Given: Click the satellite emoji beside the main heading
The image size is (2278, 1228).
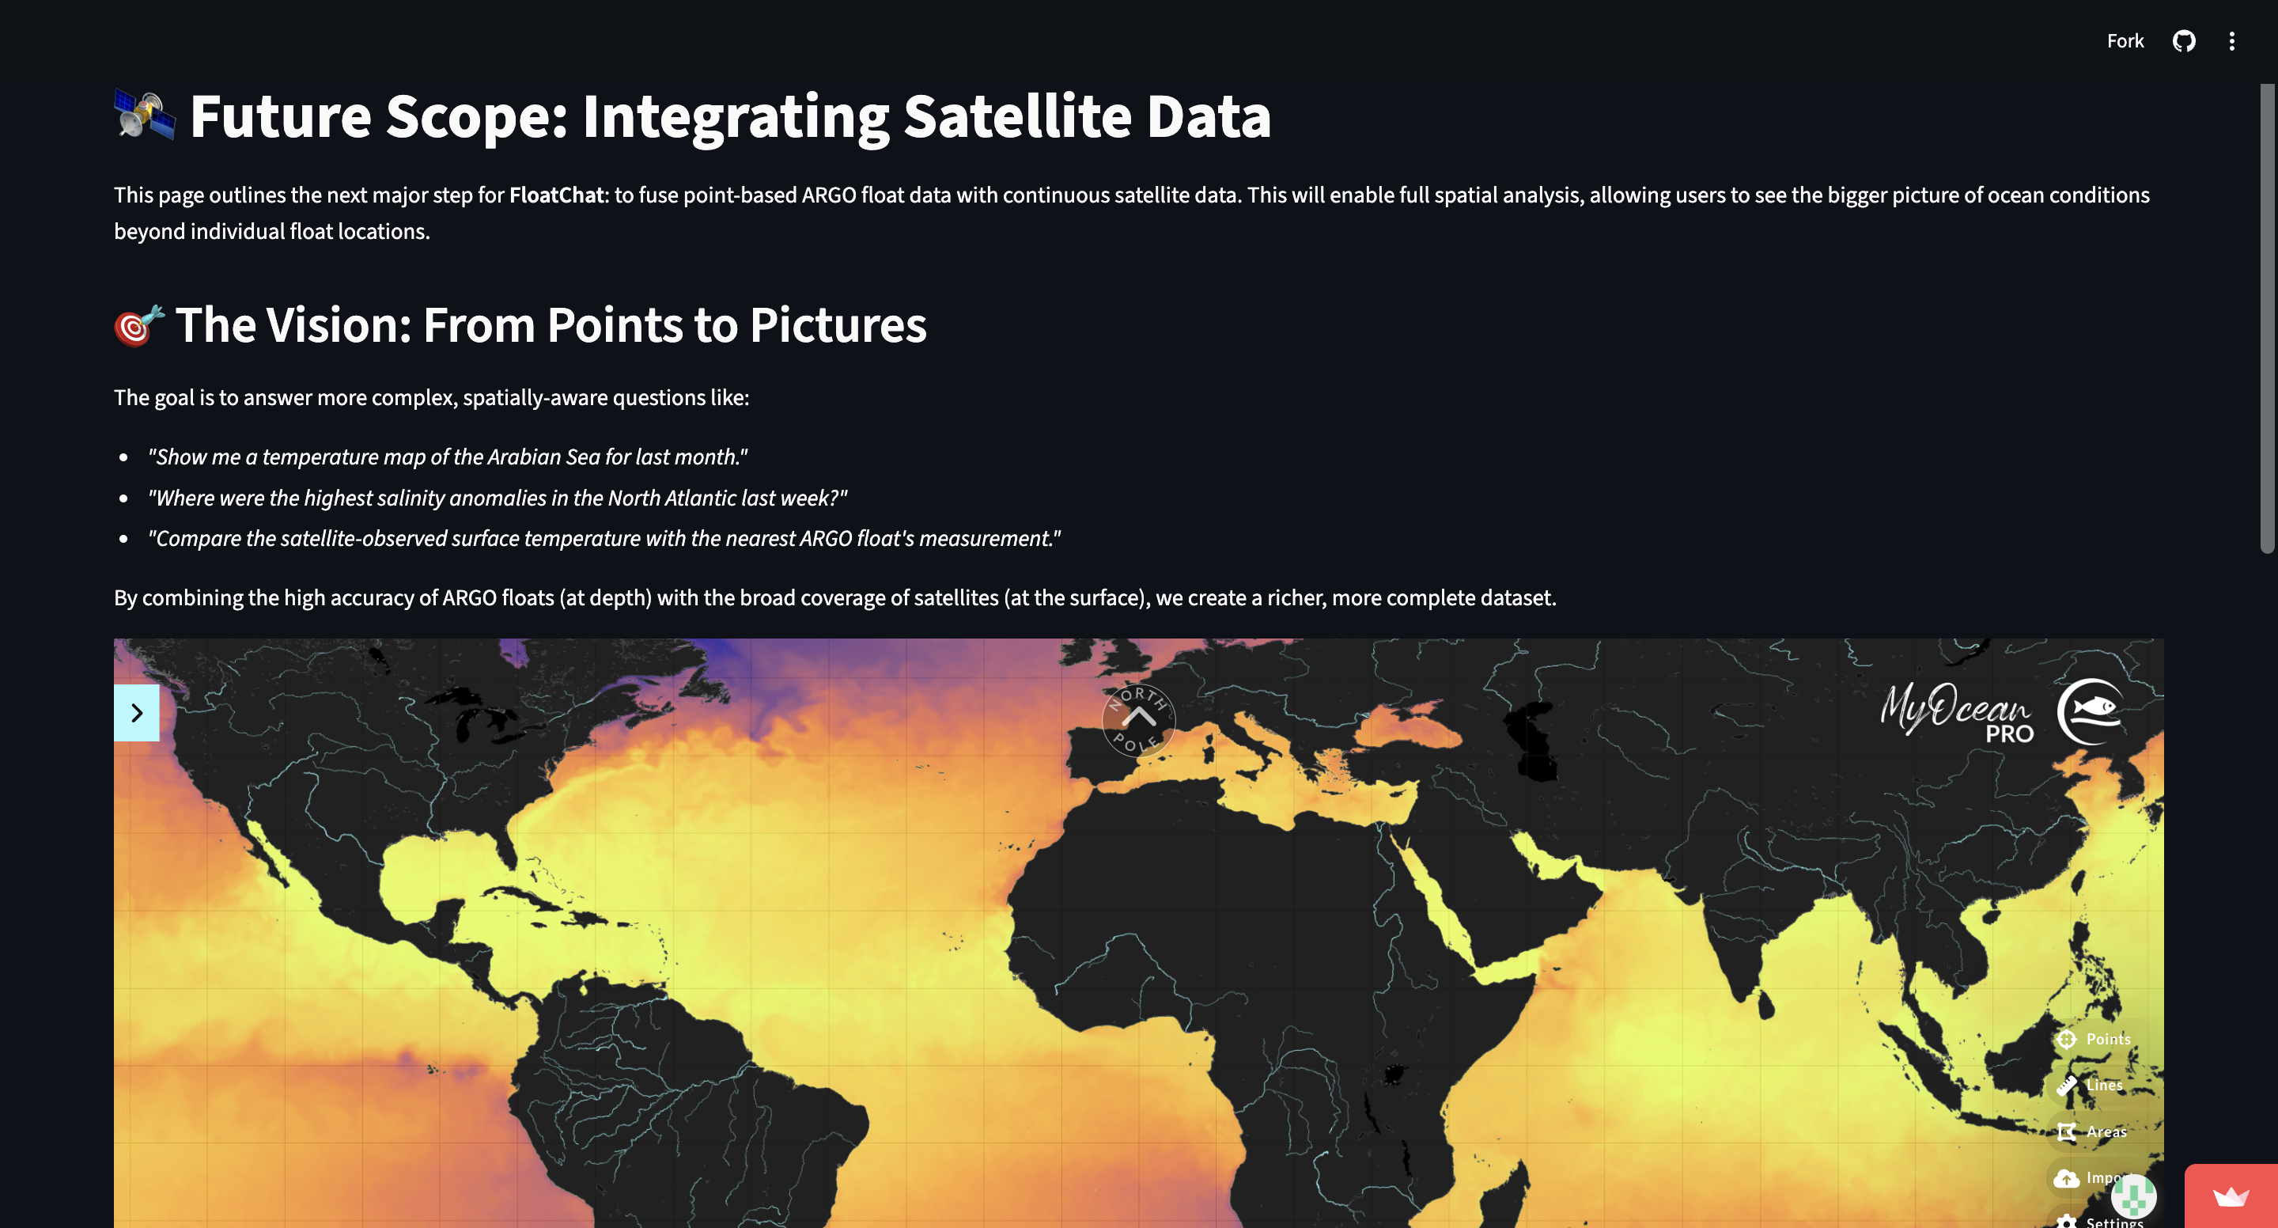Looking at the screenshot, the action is click(145, 115).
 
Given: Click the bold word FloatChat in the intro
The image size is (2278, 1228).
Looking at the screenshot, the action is click(556, 195).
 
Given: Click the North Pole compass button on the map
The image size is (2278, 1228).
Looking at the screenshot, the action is click(1138, 719).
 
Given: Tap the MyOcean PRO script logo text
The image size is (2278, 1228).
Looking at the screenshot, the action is click(1956, 712).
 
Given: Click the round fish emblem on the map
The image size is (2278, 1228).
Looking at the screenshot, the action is click(2091, 711).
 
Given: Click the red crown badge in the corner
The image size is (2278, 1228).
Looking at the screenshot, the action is click(2231, 1197).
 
